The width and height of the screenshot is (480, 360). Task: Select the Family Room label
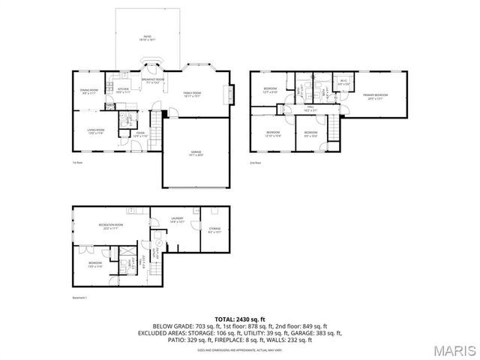pos(193,94)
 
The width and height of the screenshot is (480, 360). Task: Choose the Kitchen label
pos(124,90)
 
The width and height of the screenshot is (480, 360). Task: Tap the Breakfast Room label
pos(153,79)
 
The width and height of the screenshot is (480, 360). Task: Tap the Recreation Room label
pos(110,226)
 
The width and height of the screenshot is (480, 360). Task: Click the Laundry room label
pos(177,220)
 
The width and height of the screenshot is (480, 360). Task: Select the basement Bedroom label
pos(95,264)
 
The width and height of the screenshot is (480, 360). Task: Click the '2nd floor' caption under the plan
pos(256,162)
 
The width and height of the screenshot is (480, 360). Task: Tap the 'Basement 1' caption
pos(79,298)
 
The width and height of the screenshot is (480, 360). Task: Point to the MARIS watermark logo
pos(454,350)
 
